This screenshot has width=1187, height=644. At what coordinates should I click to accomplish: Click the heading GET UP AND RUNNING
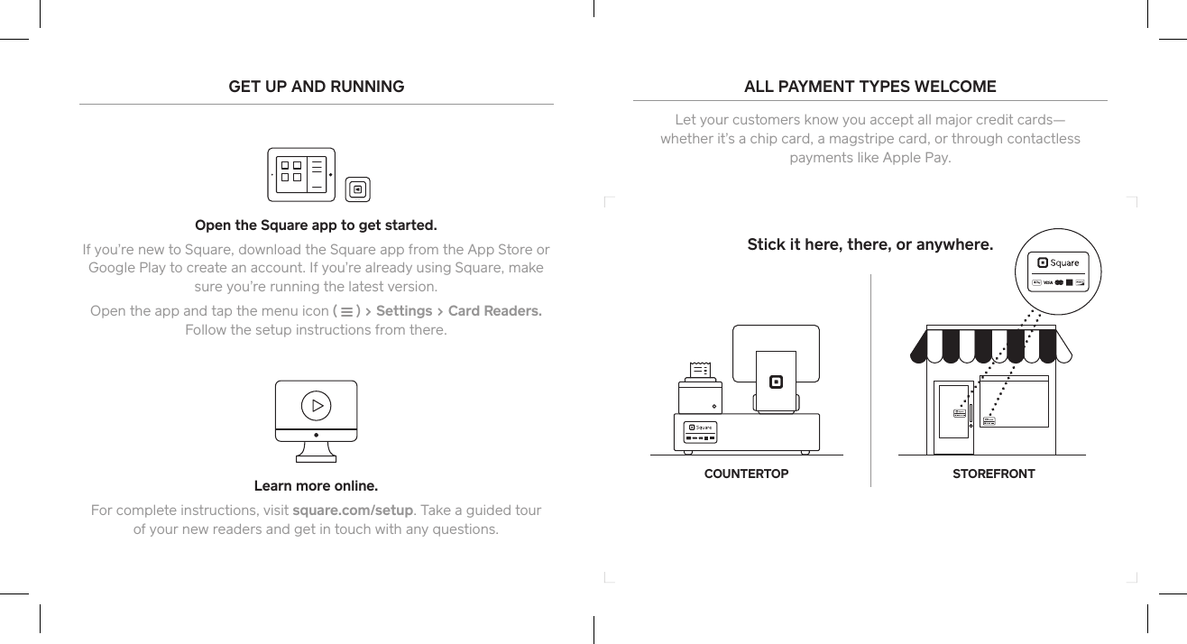pyautogui.click(x=316, y=87)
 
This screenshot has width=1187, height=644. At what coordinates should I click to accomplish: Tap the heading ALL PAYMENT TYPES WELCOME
pyautogui.click(x=870, y=87)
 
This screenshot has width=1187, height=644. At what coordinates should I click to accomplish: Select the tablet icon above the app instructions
pyautogui.click(x=302, y=174)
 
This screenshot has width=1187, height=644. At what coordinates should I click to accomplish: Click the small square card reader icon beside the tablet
pyautogui.click(x=358, y=189)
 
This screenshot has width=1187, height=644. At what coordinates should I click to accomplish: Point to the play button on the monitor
pyautogui.click(x=316, y=405)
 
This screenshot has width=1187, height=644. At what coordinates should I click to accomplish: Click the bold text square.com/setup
pyautogui.click(x=353, y=511)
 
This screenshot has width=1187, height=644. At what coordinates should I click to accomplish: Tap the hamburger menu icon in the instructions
pyautogui.click(x=347, y=312)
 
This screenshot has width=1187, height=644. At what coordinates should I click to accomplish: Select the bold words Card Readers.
pyautogui.click(x=494, y=311)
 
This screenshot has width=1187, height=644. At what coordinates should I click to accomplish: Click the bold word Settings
pyautogui.click(x=403, y=311)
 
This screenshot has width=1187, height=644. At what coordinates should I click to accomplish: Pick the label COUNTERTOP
pyautogui.click(x=746, y=474)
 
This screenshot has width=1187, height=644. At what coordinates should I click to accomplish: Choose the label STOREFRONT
pyautogui.click(x=994, y=474)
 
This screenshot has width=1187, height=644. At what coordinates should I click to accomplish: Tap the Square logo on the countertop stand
pyautogui.click(x=775, y=381)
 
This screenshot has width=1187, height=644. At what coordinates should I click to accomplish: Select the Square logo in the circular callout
pyautogui.click(x=1058, y=262)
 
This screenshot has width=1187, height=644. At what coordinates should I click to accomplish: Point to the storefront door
pyautogui.click(x=952, y=419)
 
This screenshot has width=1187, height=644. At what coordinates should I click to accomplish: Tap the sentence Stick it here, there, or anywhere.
pyautogui.click(x=870, y=244)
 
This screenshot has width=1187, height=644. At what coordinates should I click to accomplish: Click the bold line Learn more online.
pyautogui.click(x=316, y=487)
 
